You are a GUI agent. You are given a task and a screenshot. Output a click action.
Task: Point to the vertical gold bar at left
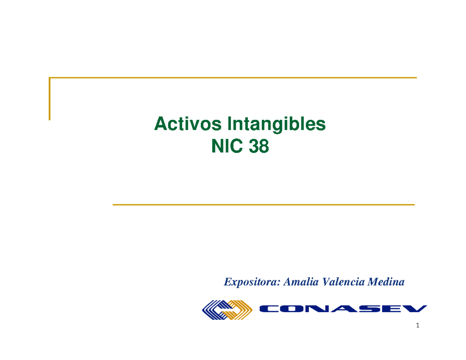[50, 99]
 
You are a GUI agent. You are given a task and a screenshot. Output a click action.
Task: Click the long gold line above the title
[233, 78]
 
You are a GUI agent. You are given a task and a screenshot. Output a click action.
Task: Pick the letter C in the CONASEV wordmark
[269, 309]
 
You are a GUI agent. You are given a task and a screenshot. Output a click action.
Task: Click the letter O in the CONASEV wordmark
[292, 309]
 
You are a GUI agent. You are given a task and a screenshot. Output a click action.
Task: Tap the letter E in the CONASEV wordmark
[389, 309]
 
